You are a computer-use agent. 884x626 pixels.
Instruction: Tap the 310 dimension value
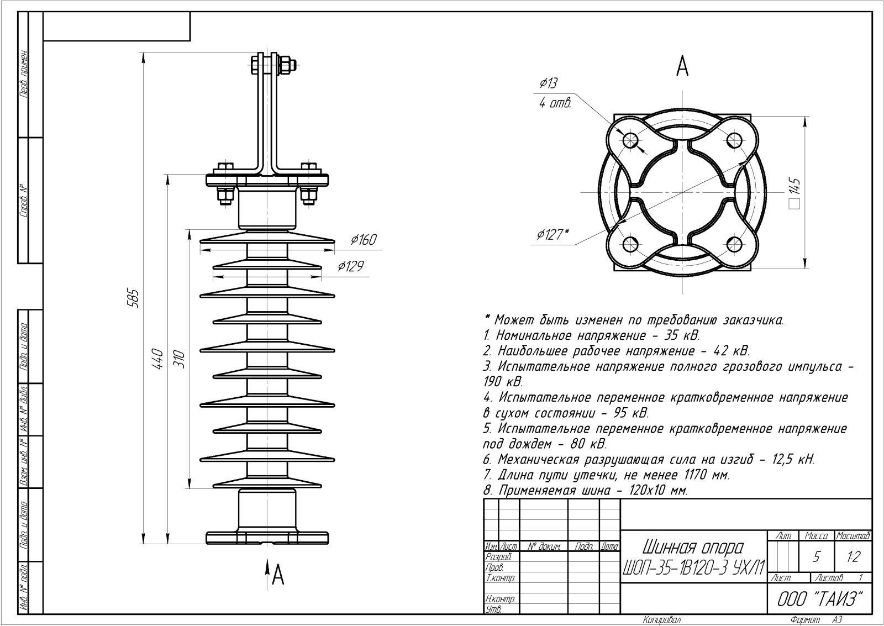pyautogui.click(x=180, y=359)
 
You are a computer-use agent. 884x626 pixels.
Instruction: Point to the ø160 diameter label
pyautogui.click(x=364, y=240)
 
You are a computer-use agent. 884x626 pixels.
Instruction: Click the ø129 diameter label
pyautogui.click(x=351, y=266)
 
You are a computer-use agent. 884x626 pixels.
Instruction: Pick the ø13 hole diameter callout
pyautogui.click(x=548, y=83)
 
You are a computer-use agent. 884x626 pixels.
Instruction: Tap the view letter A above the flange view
pyautogui.click(x=683, y=67)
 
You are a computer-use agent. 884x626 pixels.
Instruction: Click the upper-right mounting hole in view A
pyautogui.click(x=734, y=140)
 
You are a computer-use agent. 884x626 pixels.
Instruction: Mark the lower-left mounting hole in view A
pyautogui.click(x=629, y=243)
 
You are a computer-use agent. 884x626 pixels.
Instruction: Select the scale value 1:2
pyautogui.click(x=853, y=557)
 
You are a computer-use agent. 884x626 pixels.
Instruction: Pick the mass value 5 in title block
pyautogui.click(x=816, y=557)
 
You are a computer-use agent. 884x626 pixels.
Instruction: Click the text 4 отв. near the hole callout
pyautogui.click(x=555, y=103)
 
